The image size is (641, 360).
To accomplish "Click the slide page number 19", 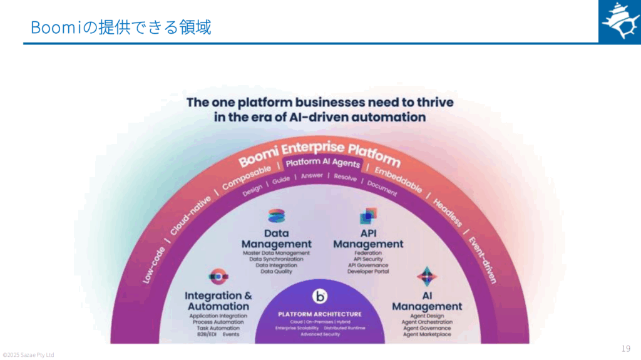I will [626, 349].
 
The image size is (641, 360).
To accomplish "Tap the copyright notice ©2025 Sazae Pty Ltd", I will [28, 355].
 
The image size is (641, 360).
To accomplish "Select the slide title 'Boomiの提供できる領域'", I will [121, 28].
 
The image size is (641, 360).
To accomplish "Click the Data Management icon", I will [276, 217].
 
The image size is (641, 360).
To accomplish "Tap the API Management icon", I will [368, 217].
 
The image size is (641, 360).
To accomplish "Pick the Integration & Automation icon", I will [218, 276].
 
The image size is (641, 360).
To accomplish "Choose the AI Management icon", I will [427, 276].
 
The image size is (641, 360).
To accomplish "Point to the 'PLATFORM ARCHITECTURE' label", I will [320, 314].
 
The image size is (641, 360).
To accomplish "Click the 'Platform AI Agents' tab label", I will [322, 163].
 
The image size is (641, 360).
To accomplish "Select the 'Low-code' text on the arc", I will [154, 264].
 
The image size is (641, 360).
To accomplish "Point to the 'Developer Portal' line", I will [368, 272].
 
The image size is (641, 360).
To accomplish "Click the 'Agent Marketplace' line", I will [426, 335].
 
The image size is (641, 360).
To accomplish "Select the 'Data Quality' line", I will [276, 272].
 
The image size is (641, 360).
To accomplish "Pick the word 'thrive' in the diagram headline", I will [431, 102].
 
